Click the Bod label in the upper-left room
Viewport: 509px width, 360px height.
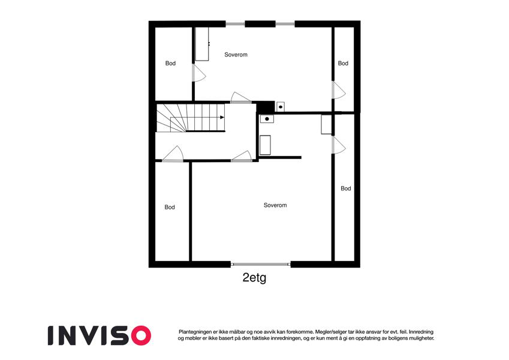tap(171, 64)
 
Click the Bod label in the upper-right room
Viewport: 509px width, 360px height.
tap(343, 64)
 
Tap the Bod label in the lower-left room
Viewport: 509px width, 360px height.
tap(170, 208)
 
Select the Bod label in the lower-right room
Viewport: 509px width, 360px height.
tap(345, 188)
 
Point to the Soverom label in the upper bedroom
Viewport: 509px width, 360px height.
tap(236, 55)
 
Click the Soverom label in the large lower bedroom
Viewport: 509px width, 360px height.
tap(275, 205)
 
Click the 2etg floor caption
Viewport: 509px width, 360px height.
tap(254, 278)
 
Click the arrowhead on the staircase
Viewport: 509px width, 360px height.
tap(222, 118)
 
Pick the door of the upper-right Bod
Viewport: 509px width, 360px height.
tap(339, 90)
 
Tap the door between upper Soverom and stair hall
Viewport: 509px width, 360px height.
tap(240, 98)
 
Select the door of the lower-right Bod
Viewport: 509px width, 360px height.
tap(339, 145)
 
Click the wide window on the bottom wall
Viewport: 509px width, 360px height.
tap(261, 264)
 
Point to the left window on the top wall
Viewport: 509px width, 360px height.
tap(235, 24)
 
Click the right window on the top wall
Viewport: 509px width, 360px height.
tap(285, 24)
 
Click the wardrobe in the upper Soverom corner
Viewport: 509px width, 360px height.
tap(202, 43)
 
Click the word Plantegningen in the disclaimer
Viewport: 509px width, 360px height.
tap(197, 331)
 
